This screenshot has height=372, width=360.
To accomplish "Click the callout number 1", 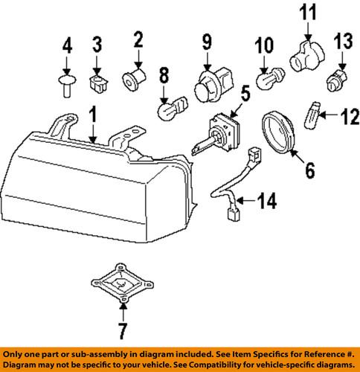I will (91, 115).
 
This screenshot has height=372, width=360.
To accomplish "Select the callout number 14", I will (267, 200).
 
